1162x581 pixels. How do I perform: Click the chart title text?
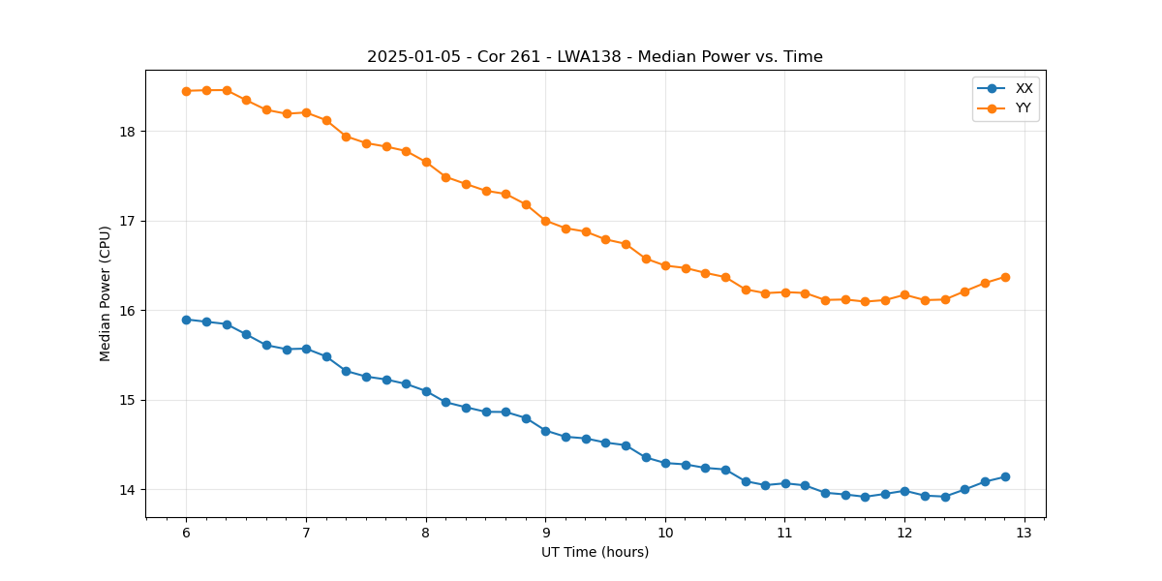coord(595,57)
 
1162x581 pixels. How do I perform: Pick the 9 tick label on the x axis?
coord(545,533)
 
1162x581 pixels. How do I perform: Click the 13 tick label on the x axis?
coord(1024,533)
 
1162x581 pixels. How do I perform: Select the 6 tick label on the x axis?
coord(186,533)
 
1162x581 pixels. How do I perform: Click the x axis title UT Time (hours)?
coord(595,552)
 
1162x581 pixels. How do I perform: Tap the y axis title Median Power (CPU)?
coord(106,293)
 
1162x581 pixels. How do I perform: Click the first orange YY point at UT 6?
coord(186,91)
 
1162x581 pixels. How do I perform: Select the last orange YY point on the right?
coord(1005,277)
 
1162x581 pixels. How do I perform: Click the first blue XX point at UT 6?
coord(186,320)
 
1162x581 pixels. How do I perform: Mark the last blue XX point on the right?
coord(1005,476)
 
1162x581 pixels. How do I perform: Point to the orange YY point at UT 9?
coord(545,221)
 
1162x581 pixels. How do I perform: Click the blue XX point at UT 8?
coord(426,391)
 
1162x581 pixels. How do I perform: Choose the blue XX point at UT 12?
coord(904,491)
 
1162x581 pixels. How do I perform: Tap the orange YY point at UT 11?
coord(785,292)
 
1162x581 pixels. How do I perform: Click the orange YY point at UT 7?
coord(306,112)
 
